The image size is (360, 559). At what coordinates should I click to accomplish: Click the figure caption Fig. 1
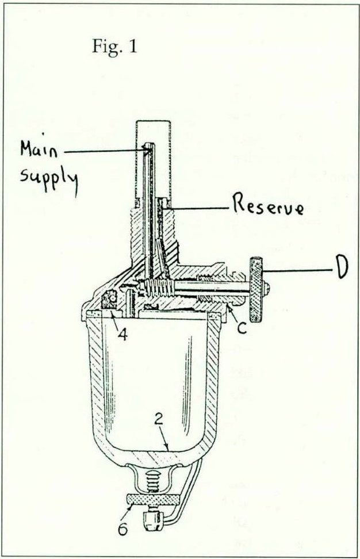[114, 46]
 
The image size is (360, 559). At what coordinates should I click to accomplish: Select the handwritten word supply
[49, 175]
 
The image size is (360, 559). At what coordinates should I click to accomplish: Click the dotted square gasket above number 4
[109, 300]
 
